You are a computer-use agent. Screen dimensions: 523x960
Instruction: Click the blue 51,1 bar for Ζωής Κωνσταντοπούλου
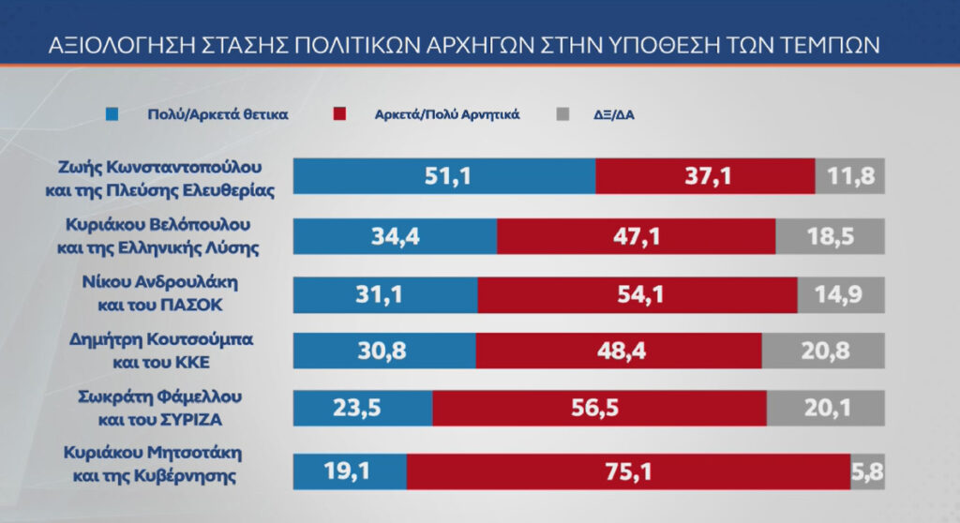444,176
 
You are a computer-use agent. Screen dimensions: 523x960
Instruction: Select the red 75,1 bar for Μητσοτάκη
627,471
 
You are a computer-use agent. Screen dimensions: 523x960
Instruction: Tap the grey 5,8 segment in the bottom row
865,471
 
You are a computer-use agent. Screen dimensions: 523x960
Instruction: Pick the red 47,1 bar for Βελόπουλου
636,235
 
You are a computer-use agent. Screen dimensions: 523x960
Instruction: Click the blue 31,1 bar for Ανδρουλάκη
385,294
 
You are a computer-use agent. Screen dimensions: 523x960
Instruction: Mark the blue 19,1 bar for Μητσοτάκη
350,471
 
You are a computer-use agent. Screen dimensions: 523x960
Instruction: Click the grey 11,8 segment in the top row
848,176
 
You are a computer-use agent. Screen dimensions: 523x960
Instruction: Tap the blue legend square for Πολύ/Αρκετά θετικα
112,114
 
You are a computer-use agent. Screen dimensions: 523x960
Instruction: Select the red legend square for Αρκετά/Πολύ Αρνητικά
338,114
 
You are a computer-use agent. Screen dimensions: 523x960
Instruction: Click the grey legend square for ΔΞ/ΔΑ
562,114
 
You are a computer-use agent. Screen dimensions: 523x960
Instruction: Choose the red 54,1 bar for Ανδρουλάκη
637,294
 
